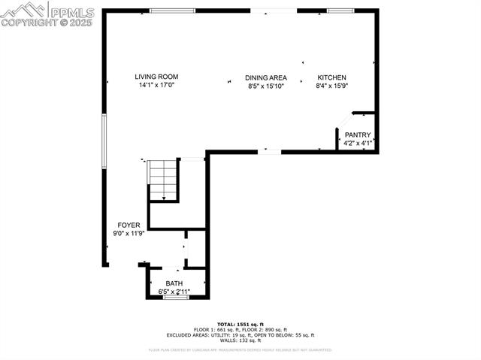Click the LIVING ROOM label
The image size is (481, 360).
click(156, 77)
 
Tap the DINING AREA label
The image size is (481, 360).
click(266, 77)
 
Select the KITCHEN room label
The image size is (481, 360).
click(331, 77)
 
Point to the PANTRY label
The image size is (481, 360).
click(358, 135)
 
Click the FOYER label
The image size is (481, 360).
click(128, 225)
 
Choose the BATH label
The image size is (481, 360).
click(174, 283)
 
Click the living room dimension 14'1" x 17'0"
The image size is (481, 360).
click(156, 86)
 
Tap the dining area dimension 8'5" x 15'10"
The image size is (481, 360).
click(266, 86)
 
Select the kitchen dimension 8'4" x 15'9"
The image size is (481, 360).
click(331, 86)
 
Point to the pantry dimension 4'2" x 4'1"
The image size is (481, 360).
click(358, 144)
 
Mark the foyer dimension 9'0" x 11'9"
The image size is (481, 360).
click(128, 234)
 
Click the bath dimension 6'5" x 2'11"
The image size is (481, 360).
click(174, 292)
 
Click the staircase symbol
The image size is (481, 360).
click(163, 180)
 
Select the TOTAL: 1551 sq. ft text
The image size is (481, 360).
click(240, 324)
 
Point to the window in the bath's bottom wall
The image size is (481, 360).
click(176, 298)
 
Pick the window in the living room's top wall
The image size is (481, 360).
click(174, 11)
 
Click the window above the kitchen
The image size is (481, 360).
click(340, 11)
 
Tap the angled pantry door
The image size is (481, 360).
click(344, 121)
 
